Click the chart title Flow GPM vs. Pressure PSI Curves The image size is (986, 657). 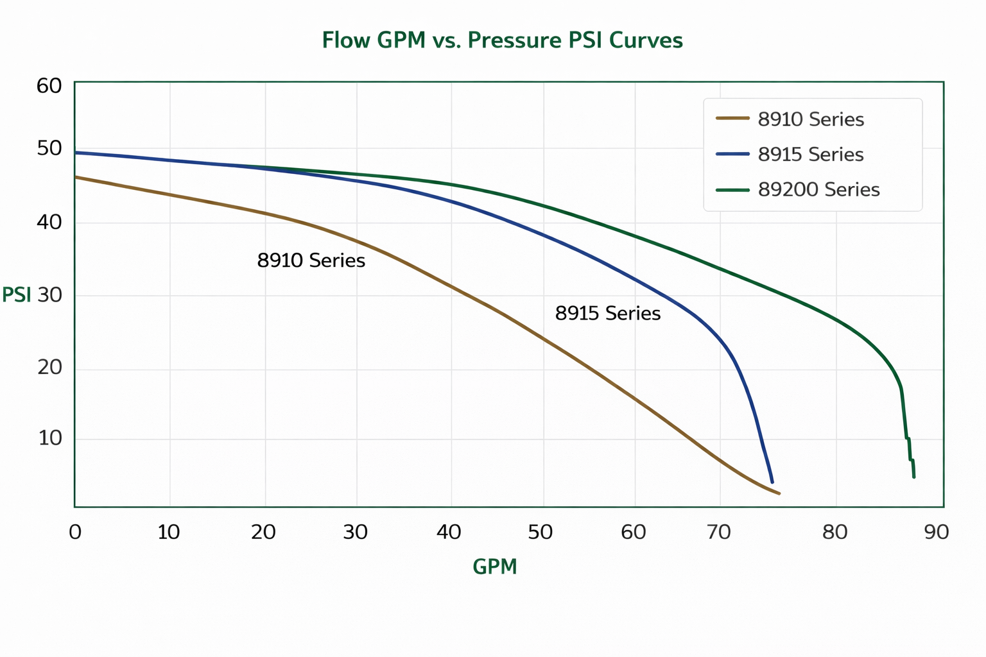tap(502, 40)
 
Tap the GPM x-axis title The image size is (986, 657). tap(494, 567)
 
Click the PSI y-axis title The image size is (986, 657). tap(16, 295)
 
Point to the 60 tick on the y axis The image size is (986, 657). tap(49, 85)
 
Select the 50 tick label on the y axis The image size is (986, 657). tap(49, 149)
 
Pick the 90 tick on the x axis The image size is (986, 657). tap(937, 532)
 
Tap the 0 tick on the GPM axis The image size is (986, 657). tap(75, 532)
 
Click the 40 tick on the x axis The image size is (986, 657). tap(449, 532)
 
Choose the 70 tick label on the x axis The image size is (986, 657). tap(719, 532)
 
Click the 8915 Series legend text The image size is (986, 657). tap(811, 155)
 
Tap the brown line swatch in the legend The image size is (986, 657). tap(732, 119)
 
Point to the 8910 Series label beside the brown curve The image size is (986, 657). tap(311, 260)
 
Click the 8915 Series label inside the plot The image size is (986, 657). tap(608, 313)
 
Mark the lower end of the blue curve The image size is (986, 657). tap(772, 482)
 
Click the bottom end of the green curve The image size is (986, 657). tap(913, 477)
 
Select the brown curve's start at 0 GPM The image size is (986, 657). tap(76, 176)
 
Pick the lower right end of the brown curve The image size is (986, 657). tap(779, 493)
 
